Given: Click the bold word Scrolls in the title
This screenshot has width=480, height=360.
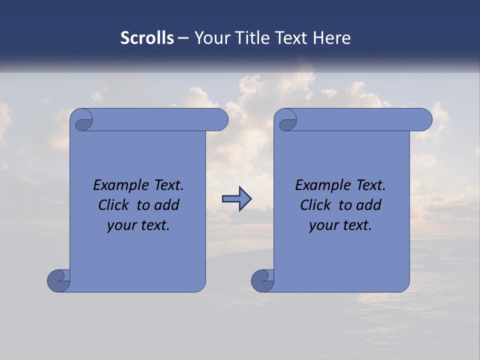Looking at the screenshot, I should (147, 38).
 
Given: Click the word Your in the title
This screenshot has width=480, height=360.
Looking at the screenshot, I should (212, 38).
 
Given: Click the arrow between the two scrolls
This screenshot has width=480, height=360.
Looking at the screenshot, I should (236, 199).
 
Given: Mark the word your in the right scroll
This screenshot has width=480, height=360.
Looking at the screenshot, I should (323, 226).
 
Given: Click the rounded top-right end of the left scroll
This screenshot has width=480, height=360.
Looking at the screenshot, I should (220, 120).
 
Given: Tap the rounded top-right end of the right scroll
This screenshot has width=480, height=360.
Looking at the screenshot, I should (424, 120).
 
